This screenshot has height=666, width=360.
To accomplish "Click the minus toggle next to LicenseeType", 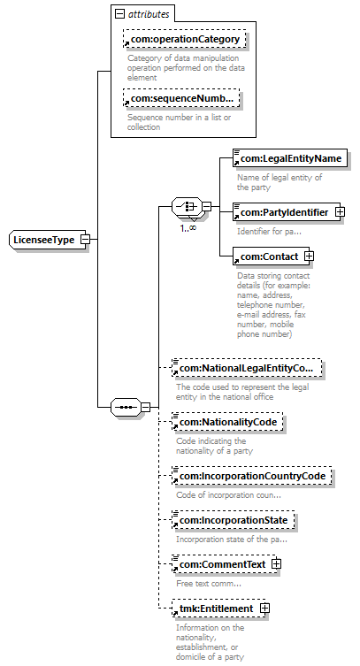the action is click(x=85, y=239).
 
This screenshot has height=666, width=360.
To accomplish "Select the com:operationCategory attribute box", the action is click(x=184, y=39).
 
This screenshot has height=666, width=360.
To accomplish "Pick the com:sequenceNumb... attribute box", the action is click(x=181, y=98).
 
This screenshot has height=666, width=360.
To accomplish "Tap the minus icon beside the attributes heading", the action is click(x=119, y=14).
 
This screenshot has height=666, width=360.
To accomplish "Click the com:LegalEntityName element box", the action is click(x=290, y=158).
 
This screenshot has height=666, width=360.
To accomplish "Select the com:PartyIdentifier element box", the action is click(x=287, y=212).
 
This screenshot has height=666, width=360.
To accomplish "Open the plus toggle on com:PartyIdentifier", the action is click(x=340, y=211).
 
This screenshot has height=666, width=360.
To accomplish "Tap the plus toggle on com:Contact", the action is click(x=310, y=256).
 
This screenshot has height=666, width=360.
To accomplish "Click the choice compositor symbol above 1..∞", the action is click(x=188, y=207).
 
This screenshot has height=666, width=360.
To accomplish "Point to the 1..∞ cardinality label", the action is click(x=188, y=227).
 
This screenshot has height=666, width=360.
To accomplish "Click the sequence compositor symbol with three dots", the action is click(x=126, y=408).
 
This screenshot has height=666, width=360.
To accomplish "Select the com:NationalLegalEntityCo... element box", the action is click(x=247, y=368).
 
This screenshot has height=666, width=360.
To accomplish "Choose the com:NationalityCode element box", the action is click(x=227, y=422).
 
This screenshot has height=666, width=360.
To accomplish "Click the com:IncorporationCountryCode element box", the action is click(x=252, y=476).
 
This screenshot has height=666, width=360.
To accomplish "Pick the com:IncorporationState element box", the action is click(x=233, y=520).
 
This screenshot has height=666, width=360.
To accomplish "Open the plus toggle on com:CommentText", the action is click(x=276, y=564).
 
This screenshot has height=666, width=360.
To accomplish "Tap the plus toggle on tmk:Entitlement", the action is click(x=264, y=609).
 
